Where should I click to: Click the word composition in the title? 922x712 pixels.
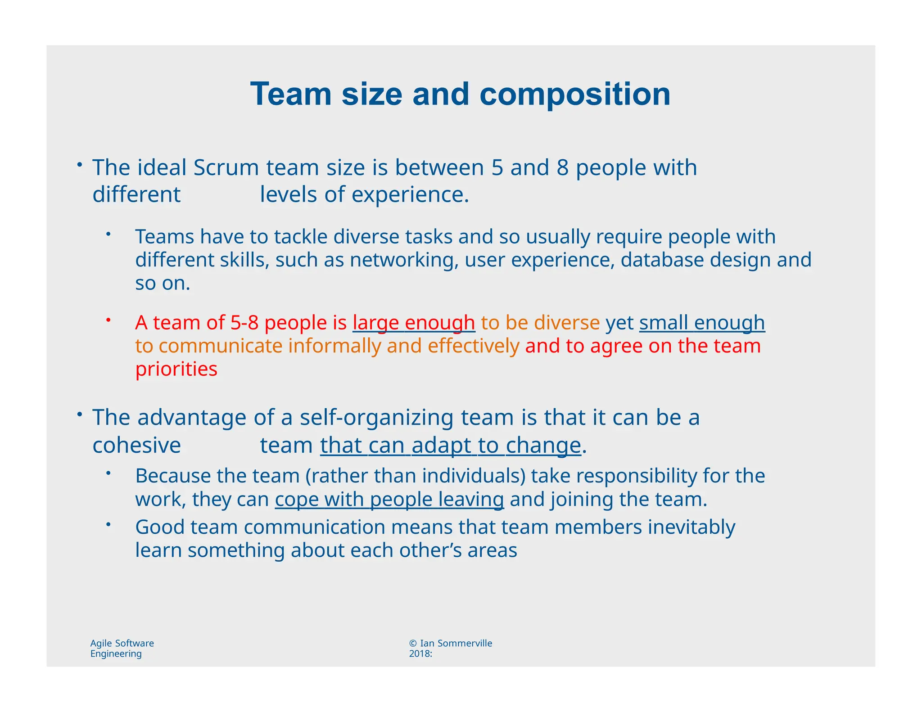click(x=575, y=94)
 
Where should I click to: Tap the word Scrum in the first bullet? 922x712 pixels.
click(x=226, y=167)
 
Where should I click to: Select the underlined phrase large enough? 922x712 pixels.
click(x=414, y=323)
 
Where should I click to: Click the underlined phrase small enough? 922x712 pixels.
click(x=702, y=323)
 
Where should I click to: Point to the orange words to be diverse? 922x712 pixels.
click(x=540, y=323)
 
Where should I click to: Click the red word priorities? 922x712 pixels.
click(x=176, y=369)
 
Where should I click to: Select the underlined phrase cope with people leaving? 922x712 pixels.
click(x=389, y=500)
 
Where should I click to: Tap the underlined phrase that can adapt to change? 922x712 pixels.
click(x=451, y=446)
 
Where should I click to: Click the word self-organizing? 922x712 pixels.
click(x=376, y=417)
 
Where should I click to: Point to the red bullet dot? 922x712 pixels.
click(x=108, y=320)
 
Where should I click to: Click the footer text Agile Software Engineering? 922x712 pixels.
click(x=122, y=648)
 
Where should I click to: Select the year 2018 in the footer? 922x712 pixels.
click(x=419, y=653)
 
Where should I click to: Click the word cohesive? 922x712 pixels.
click(x=136, y=446)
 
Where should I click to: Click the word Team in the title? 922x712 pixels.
click(x=291, y=94)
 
